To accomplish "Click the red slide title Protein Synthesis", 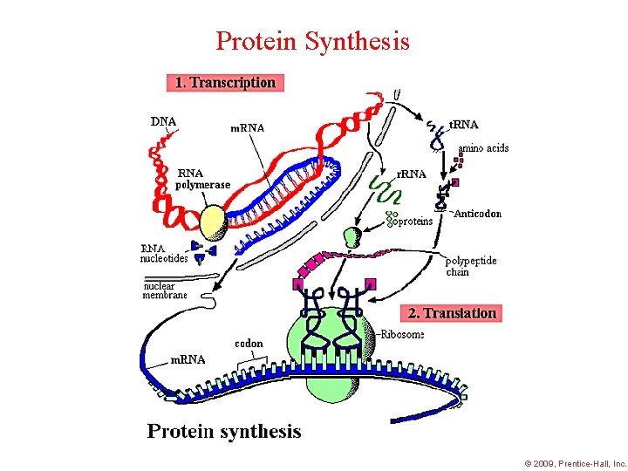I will click(x=312, y=40).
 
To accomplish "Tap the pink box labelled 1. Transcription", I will click(x=225, y=83).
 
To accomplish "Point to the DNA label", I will click(x=164, y=121).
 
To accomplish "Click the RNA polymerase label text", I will click(x=203, y=179).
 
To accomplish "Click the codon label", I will click(x=249, y=343).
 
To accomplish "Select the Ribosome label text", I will click(x=402, y=334).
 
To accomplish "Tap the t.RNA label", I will click(x=463, y=125).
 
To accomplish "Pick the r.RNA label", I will click(x=412, y=174).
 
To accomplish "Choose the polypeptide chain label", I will click(x=471, y=266).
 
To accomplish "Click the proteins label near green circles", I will click(x=415, y=222).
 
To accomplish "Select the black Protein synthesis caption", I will click(x=224, y=431).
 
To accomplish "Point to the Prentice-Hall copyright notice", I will click(x=576, y=463).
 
